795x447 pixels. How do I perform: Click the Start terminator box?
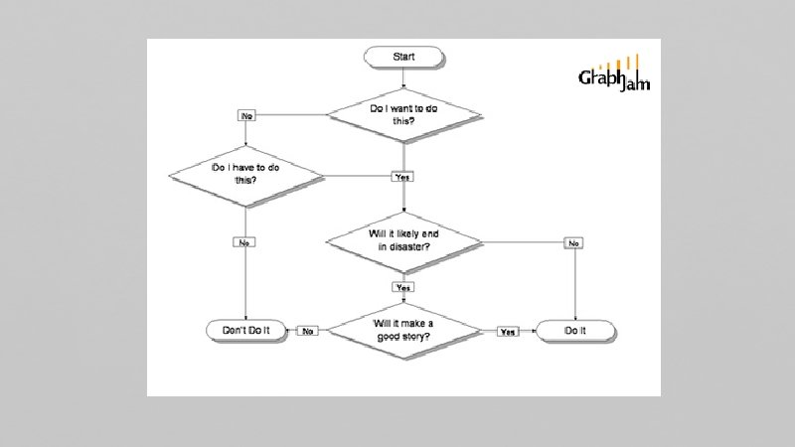point(403,57)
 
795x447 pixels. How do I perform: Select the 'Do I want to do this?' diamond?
point(403,114)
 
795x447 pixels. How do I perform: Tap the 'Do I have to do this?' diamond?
point(245,176)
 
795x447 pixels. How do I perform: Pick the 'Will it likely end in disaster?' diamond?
point(404,240)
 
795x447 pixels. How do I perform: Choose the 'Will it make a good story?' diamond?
point(404,330)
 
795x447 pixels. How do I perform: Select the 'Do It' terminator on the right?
point(576,330)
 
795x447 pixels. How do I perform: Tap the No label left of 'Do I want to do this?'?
point(246,115)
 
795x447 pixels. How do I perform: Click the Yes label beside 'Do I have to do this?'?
point(402,177)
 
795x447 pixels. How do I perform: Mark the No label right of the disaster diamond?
point(575,241)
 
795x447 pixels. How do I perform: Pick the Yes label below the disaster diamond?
point(403,287)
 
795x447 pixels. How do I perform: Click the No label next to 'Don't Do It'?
point(309,331)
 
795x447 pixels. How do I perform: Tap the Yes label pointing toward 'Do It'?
point(508,331)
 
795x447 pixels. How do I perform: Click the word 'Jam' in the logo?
point(635,85)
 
